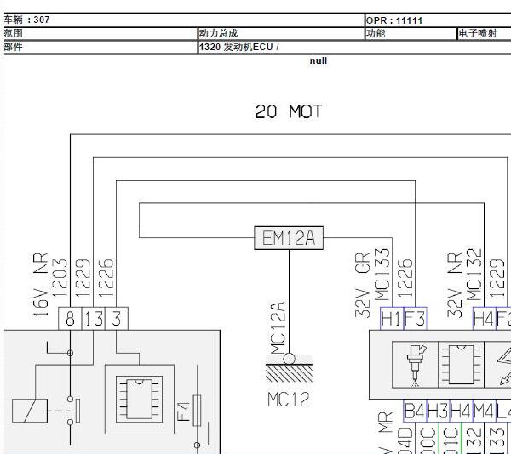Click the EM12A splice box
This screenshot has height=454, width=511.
click(288, 239)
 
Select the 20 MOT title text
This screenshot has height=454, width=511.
click(289, 111)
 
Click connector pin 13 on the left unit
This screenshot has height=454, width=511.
click(94, 319)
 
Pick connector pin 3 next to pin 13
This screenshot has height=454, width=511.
click(117, 319)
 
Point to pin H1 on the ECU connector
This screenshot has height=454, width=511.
click(391, 319)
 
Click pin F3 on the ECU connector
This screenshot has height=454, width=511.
click(414, 319)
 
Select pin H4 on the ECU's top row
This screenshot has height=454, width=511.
click(483, 319)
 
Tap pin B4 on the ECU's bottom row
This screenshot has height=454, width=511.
click(414, 411)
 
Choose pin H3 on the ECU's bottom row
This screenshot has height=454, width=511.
click(437, 411)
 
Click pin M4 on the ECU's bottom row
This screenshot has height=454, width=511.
click(483, 411)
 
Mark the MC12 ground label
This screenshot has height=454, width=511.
click(288, 399)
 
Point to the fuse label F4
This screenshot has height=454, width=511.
click(182, 411)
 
